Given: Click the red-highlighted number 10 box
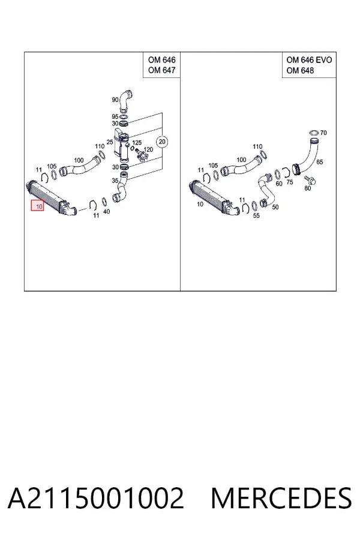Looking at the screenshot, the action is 38,206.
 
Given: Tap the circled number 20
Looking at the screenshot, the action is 162,142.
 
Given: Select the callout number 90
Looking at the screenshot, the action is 115,100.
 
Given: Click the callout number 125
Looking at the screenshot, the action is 137,143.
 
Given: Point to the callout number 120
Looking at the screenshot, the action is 148,149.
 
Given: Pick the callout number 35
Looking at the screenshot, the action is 115,180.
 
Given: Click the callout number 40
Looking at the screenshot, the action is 106,211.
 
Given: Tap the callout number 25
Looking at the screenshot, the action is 110,142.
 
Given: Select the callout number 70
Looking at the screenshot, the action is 323,133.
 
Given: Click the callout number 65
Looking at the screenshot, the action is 319,162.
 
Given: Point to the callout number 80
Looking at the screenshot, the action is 307,188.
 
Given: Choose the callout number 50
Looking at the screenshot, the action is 275,207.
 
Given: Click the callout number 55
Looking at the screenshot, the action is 256,215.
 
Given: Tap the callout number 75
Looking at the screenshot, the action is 290,182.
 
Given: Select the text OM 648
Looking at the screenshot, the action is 300,70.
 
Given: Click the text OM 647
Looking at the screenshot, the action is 161,70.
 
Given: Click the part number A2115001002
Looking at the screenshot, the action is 96,498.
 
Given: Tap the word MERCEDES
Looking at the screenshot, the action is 281,498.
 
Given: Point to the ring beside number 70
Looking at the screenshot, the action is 314,133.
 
